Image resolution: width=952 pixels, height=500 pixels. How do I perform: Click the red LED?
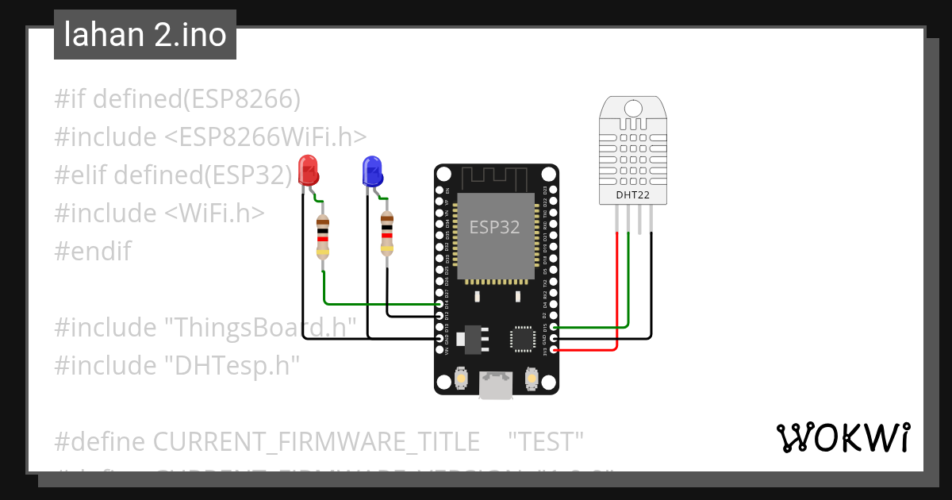(x=307, y=171)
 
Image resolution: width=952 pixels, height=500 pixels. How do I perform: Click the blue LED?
(x=371, y=171)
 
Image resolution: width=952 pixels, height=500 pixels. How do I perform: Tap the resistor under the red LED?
(x=322, y=237)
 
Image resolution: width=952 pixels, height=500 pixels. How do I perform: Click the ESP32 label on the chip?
(x=494, y=227)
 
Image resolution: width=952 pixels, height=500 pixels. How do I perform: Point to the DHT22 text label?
(x=632, y=194)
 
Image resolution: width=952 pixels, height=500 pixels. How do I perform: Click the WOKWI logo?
(x=843, y=437)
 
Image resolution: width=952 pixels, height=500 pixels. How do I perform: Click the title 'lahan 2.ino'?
(x=145, y=35)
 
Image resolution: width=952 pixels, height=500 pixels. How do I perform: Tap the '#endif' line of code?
(x=92, y=252)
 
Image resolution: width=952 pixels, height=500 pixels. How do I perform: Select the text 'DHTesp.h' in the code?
(x=231, y=365)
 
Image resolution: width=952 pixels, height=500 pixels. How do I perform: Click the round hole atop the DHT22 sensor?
(x=632, y=107)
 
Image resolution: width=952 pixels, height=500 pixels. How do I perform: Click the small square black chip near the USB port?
(x=524, y=339)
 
